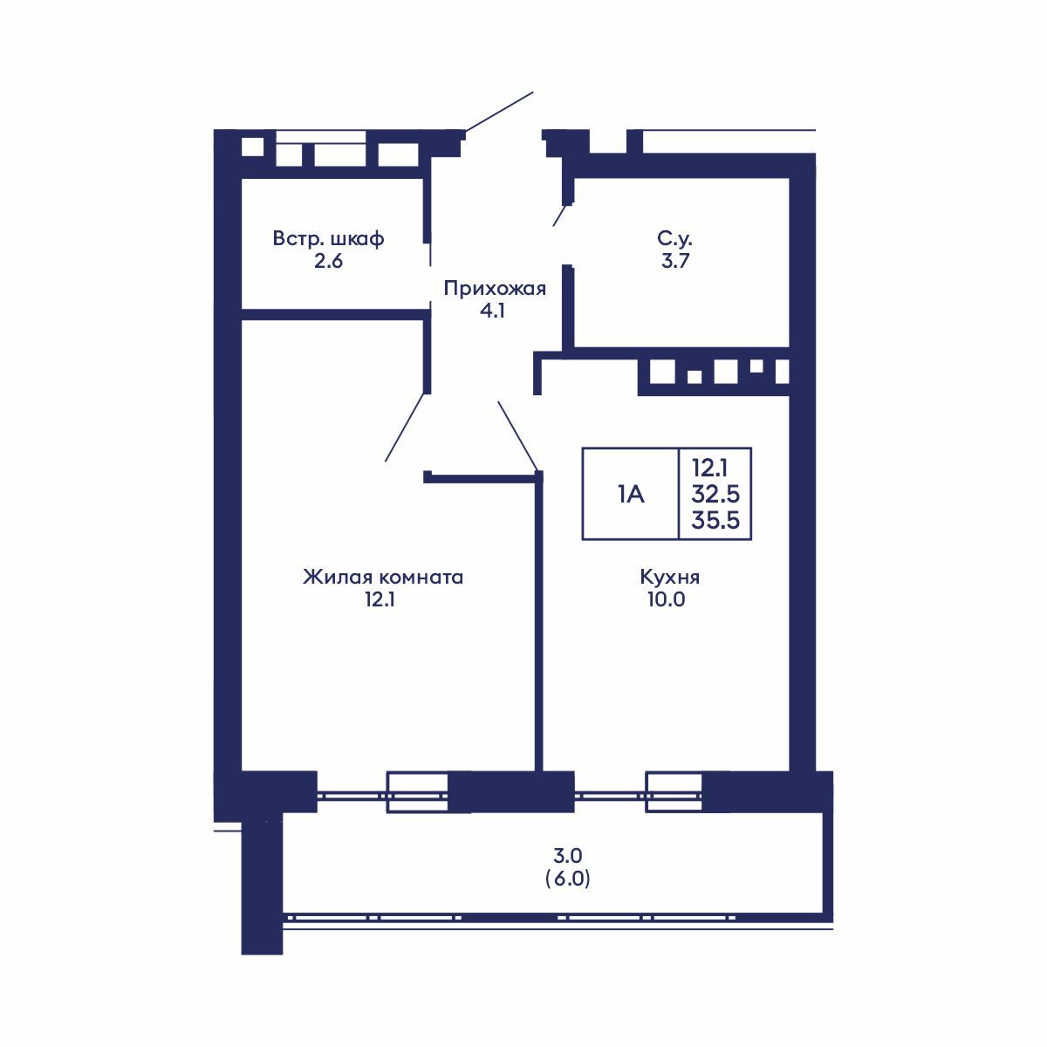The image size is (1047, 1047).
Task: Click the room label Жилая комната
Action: [382, 577]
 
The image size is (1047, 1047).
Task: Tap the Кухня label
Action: [669, 577]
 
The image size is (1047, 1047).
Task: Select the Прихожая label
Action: [495, 289]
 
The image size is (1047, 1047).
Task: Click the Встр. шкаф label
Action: [328, 238]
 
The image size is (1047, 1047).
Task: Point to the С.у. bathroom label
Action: [675, 238]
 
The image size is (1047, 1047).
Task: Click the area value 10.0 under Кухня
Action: [667, 599]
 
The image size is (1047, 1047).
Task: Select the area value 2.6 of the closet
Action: [328, 261]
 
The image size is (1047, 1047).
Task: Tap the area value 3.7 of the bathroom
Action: [675, 261]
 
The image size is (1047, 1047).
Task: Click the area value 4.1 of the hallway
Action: [494, 311]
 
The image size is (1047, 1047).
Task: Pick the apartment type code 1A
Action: [630, 495]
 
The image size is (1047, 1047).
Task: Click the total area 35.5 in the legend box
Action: [715, 521]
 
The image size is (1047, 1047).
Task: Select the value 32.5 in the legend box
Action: [715, 495]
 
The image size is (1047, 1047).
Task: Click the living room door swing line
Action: [407, 427]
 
